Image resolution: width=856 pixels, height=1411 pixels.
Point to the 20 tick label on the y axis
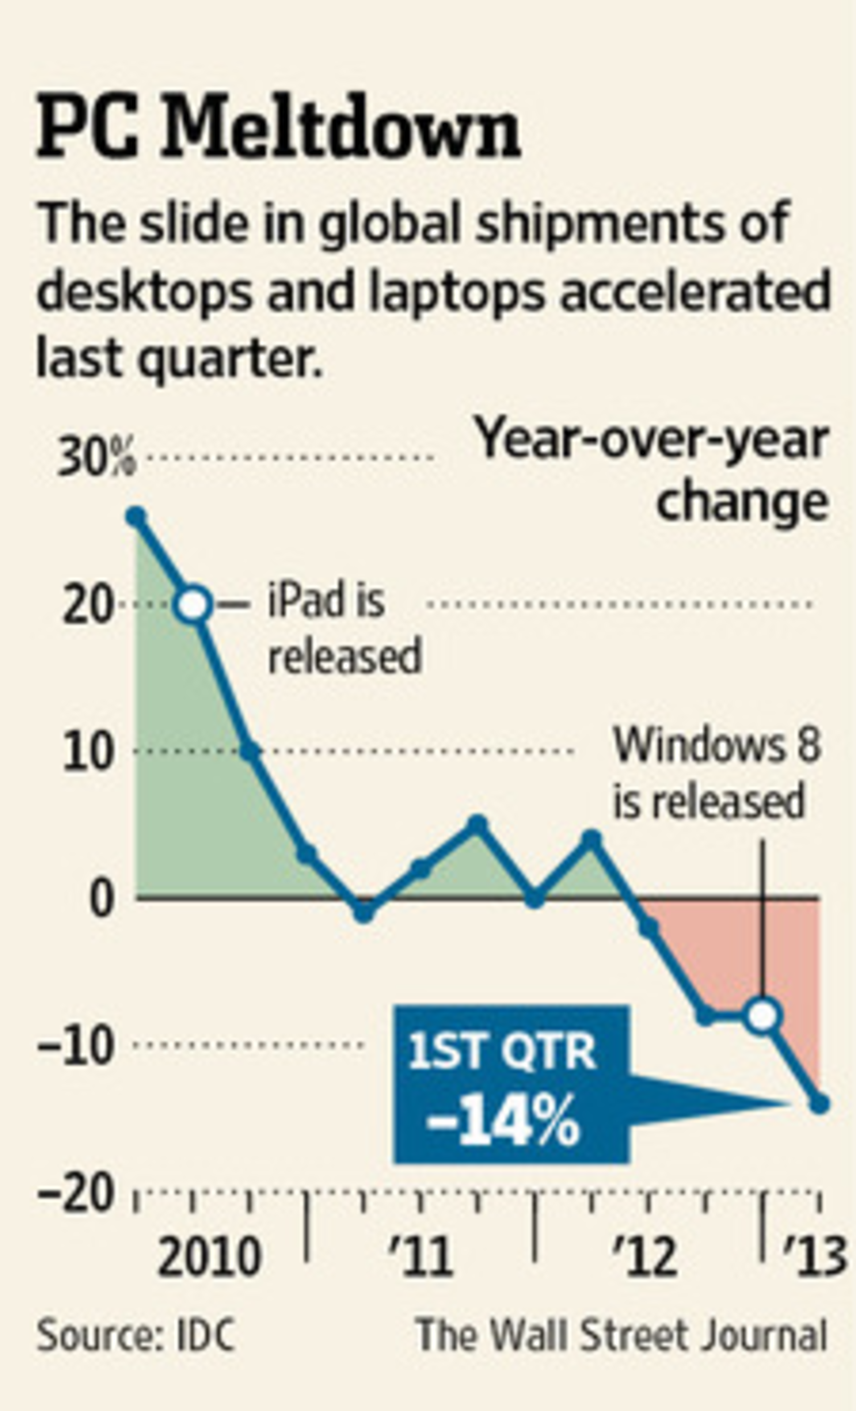[x=86, y=605]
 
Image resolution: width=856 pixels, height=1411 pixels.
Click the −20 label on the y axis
[x=74, y=1193]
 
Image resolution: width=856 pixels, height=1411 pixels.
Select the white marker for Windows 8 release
[x=763, y=1016]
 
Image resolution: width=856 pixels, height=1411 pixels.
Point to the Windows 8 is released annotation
[x=716, y=773]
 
